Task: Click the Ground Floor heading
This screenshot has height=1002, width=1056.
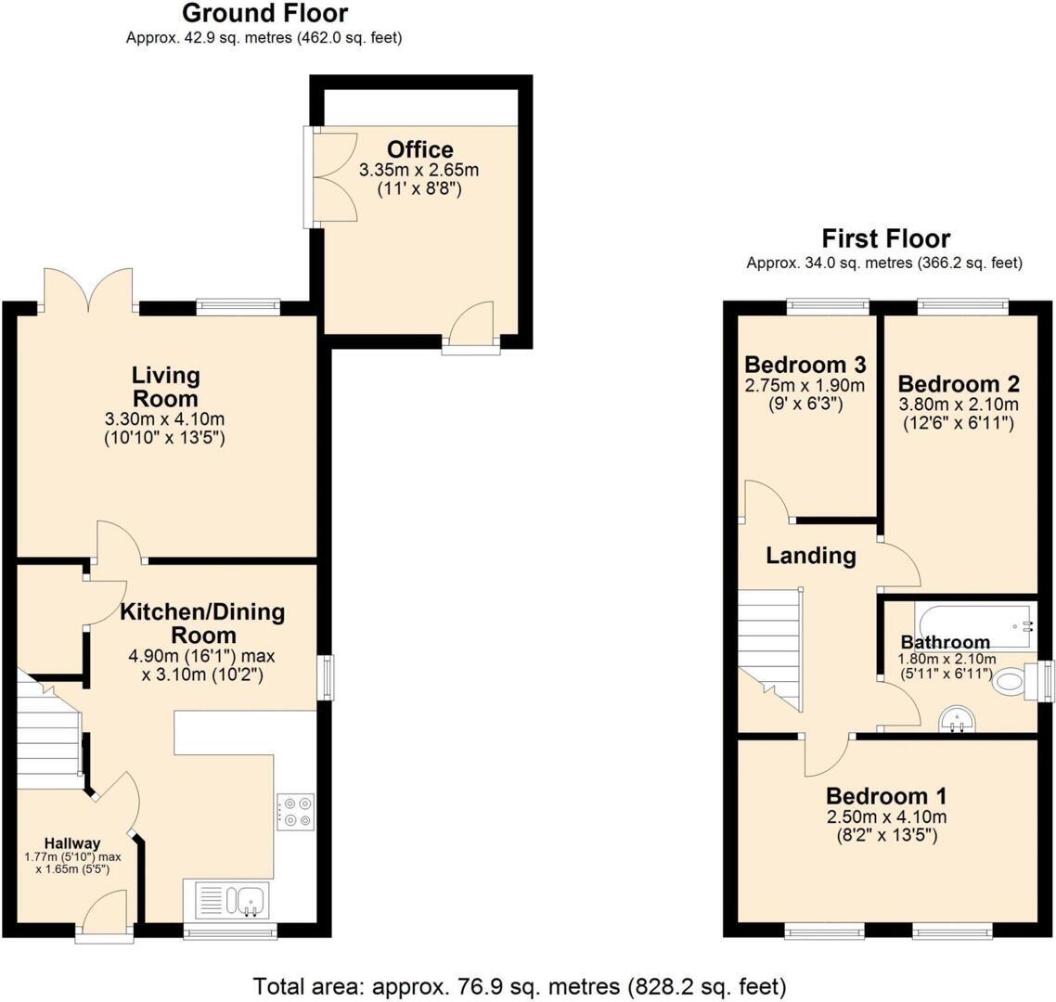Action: coord(264,14)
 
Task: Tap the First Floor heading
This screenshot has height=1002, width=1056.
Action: coord(886,238)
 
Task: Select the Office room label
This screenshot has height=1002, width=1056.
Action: coord(420,149)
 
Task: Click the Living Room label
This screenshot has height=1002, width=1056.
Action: coord(165,387)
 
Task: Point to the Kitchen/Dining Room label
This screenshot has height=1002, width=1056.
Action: coord(202,623)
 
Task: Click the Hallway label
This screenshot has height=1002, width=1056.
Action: coord(73,842)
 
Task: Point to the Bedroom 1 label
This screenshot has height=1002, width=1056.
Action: coord(886,796)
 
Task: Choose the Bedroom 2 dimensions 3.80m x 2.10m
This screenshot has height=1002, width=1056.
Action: coord(959,405)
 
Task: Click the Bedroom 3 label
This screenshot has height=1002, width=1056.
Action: coord(805,364)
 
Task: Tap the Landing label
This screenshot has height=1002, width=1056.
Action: coord(810,556)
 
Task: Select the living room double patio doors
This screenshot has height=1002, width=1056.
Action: coord(89,289)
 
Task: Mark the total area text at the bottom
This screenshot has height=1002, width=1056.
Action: coord(520,984)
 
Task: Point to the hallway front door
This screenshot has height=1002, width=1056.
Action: coord(105,914)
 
